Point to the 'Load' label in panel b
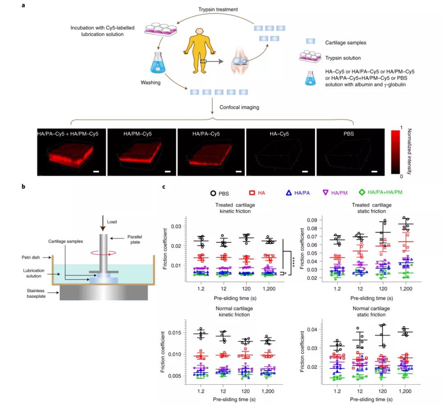coord(112,222)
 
